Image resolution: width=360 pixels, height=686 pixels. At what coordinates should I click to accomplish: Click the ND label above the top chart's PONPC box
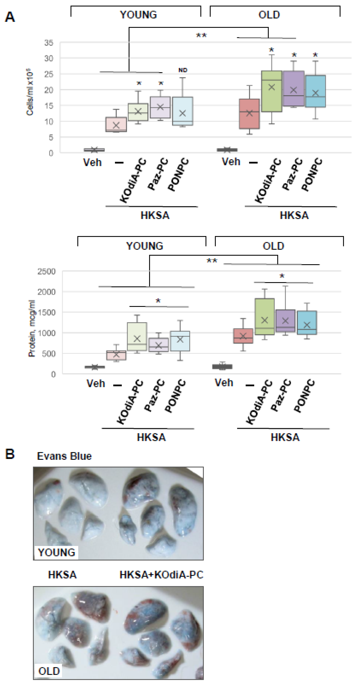[183, 70]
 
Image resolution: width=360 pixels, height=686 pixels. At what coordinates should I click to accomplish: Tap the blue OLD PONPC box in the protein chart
[307, 323]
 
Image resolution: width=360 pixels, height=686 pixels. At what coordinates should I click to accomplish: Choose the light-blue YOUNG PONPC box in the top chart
[183, 111]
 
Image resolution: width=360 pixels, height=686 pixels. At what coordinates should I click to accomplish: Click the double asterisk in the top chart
[201, 35]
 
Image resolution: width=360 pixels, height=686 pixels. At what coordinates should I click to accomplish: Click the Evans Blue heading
[64, 456]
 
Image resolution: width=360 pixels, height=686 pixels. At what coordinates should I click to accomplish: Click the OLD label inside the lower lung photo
[49, 671]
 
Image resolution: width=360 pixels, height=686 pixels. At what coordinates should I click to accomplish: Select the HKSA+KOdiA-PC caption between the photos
[161, 575]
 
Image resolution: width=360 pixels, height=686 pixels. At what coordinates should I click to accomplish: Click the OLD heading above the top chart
[269, 15]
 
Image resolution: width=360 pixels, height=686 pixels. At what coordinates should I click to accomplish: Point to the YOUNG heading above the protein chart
[144, 246]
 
